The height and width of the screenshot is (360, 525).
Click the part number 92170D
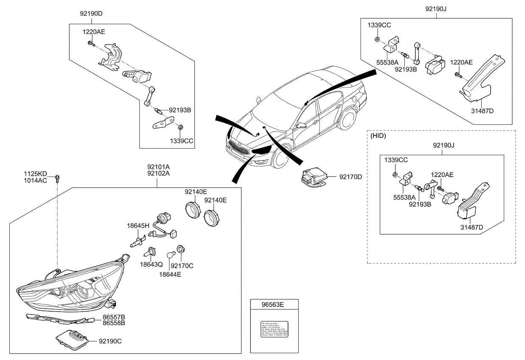click(350, 176)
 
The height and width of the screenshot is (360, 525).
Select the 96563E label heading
click(274, 304)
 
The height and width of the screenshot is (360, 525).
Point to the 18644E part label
click(170, 274)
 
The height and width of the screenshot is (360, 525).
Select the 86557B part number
click(113, 317)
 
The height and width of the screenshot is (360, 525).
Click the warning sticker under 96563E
click(274, 329)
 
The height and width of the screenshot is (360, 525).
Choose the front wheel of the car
click(278, 156)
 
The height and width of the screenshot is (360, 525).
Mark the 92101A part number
click(158, 167)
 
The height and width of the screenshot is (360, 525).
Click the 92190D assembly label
click(91, 14)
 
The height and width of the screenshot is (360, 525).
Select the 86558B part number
click(113, 323)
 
